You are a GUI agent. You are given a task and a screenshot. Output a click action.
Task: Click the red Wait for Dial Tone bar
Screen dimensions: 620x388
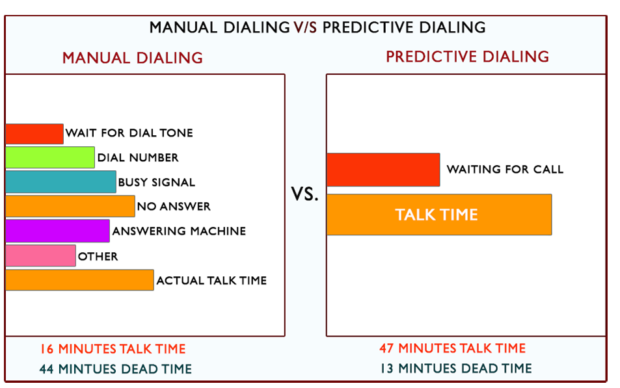click(34, 134)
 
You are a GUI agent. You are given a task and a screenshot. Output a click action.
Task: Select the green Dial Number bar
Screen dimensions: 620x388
click(50, 157)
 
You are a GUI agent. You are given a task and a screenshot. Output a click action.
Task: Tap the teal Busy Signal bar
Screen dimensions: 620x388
click(61, 182)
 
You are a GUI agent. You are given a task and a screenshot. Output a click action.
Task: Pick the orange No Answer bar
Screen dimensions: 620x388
click(70, 206)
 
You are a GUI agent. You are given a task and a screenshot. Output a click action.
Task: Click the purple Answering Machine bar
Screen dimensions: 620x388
click(58, 231)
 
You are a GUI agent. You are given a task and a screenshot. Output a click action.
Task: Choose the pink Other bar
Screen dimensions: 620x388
click(41, 255)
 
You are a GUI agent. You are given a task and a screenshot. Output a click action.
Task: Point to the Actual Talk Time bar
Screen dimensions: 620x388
click(80, 280)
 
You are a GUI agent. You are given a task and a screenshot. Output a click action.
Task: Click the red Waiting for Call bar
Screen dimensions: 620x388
click(384, 170)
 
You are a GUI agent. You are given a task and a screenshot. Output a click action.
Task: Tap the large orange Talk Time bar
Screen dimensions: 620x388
click(439, 214)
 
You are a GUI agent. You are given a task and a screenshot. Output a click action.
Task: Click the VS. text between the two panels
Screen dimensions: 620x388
click(305, 194)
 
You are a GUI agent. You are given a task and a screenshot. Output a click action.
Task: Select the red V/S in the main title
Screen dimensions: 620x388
click(305, 27)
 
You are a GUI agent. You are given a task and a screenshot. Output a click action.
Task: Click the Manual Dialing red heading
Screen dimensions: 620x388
click(133, 58)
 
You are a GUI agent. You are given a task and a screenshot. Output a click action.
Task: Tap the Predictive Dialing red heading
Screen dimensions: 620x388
click(467, 57)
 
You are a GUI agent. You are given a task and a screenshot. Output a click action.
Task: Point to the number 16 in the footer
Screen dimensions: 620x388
click(47, 349)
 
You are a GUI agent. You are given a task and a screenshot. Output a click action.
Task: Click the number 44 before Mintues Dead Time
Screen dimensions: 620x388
click(47, 369)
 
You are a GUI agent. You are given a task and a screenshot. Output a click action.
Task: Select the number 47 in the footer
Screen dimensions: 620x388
click(386, 348)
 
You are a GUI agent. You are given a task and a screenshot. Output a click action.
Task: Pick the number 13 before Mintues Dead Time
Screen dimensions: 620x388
click(386, 369)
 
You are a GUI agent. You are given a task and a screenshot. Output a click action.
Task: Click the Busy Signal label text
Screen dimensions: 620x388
click(157, 182)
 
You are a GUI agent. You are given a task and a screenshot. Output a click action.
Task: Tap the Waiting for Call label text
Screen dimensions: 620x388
click(505, 169)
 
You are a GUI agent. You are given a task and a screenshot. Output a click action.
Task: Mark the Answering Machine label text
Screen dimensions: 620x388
click(179, 231)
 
